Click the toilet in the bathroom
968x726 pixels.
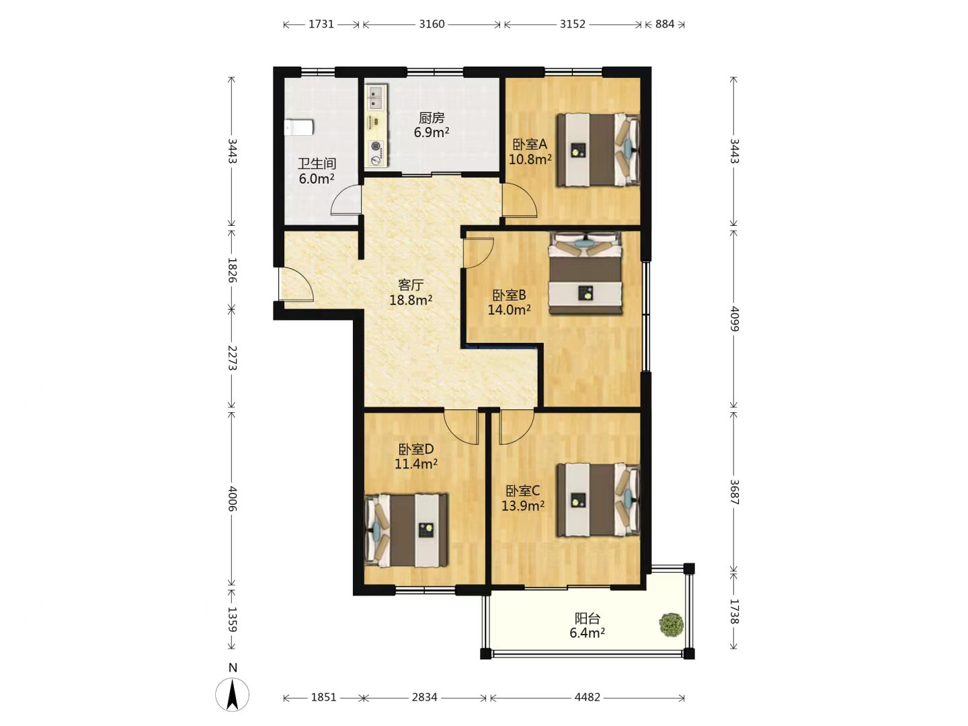(x=298, y=128)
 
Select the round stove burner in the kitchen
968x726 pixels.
(x=376, y=145)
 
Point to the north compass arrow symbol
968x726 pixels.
(x=232, y=694)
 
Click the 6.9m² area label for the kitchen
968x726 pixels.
(x=432, y=132)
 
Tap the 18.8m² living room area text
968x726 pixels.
(x=411, y=300)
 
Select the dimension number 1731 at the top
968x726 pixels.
(x=321, y=24)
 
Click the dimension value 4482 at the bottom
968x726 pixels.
(x=588, y=697)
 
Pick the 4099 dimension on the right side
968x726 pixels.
(x=734, y=319)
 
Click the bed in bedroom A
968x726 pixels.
(x=598, y=150)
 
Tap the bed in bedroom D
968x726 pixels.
(x=406, y=530)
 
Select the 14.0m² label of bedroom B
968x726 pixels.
(x=509, y=310)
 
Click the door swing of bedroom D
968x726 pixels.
(x=461, y=427)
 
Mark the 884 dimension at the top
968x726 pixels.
(x=665, y=24)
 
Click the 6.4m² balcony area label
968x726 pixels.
(x=587, y=633)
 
